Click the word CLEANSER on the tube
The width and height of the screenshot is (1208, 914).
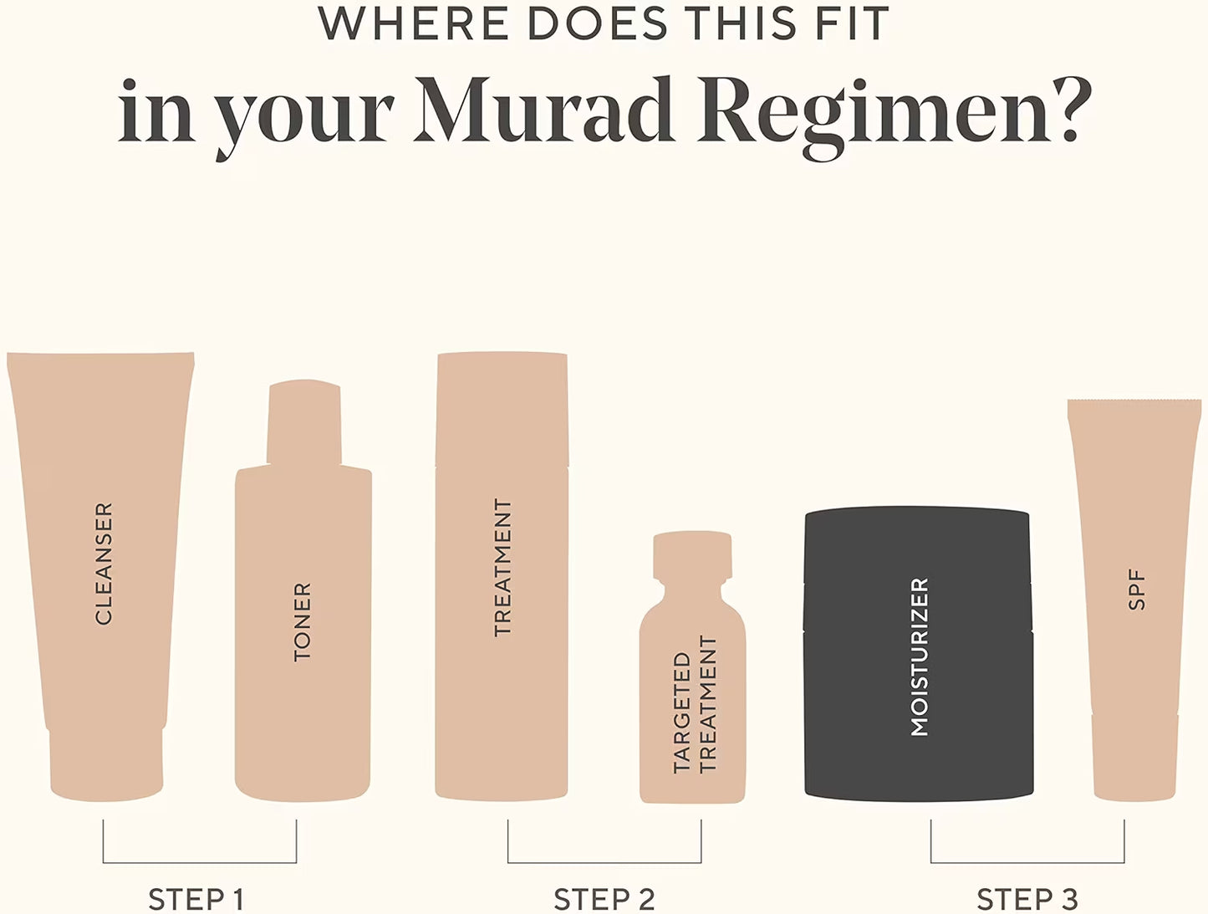[x=104, y=564]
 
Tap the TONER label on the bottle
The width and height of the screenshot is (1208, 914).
[x=303, y=622]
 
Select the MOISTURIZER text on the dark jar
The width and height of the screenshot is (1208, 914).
[x=920, y=657]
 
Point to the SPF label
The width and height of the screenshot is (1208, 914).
[x=1136, y=590]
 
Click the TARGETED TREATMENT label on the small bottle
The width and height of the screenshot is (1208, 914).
[x=695, y=705]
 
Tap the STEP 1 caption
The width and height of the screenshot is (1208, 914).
[x=196, y=900]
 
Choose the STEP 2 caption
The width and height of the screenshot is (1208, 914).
[x=604, y=900]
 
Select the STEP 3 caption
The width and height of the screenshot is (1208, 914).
[x=1027, y=900]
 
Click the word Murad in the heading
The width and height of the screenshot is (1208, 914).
[x=544, y=110]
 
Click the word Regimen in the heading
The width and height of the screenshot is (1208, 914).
[x=874, y=118]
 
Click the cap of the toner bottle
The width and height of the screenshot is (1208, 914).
[x=303, y=422]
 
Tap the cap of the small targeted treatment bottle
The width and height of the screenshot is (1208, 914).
[x=692, y=554]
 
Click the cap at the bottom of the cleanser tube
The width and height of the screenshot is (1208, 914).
[x=107, y=763]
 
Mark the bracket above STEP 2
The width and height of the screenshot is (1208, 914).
[x=604, y=863]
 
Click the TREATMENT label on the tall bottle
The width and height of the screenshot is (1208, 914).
[x=503, y=569]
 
